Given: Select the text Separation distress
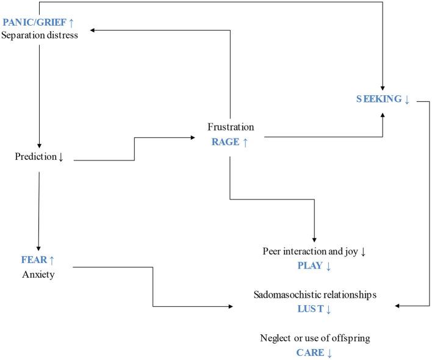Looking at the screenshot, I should (x=48, y=35).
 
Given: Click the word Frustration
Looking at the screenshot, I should (x=231, y=128).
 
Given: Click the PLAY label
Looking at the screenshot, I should (x=310, y=265).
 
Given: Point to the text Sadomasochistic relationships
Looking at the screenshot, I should (x=315, y=295).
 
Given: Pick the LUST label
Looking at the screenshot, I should (x=310, y=309).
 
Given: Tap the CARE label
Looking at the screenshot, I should (x=310, y=352).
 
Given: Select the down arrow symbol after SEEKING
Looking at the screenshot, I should (x=407, y=99).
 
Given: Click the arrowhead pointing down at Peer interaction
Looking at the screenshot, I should (x=314, y=239).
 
